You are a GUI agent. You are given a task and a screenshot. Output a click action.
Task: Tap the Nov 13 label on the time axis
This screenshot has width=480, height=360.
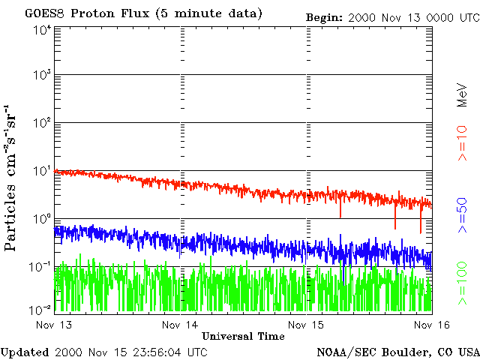coord(54,325)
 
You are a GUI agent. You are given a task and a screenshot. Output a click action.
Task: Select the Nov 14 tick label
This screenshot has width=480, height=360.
coord(180,325)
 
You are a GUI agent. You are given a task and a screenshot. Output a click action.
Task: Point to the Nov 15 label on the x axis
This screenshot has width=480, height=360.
coord(306,325)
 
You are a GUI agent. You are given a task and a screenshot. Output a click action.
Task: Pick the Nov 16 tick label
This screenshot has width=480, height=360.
coord(432,325)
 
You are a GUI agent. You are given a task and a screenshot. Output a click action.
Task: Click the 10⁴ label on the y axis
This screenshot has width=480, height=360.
coord(42,31)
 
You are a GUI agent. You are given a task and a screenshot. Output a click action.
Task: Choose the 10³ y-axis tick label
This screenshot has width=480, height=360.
coord(42,75)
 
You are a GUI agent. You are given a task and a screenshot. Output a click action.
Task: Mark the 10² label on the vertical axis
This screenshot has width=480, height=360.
coord(42,123)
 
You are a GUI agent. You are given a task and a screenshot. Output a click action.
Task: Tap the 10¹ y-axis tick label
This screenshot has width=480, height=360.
coord(42,171)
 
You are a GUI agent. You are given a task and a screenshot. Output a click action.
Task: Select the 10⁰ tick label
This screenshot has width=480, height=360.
coord(42,219)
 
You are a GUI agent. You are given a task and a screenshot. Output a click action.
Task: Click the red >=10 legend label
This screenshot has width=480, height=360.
coord(462,143)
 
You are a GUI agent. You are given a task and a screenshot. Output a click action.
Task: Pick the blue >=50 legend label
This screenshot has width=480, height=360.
coord(462,215)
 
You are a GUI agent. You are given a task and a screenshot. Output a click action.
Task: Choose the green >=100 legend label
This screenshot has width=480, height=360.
coord(462,283)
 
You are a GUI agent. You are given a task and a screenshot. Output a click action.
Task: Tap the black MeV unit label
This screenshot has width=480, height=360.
coord(462,95)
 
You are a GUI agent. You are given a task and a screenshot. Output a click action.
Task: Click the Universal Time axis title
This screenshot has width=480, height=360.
coord(243,337)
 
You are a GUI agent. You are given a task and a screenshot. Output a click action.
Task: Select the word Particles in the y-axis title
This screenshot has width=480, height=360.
coord(10,217)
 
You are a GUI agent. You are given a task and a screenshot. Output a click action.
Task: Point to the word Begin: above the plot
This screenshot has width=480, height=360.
coord(324,18)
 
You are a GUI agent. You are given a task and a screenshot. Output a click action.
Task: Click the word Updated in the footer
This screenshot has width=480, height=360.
coord(25,352)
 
